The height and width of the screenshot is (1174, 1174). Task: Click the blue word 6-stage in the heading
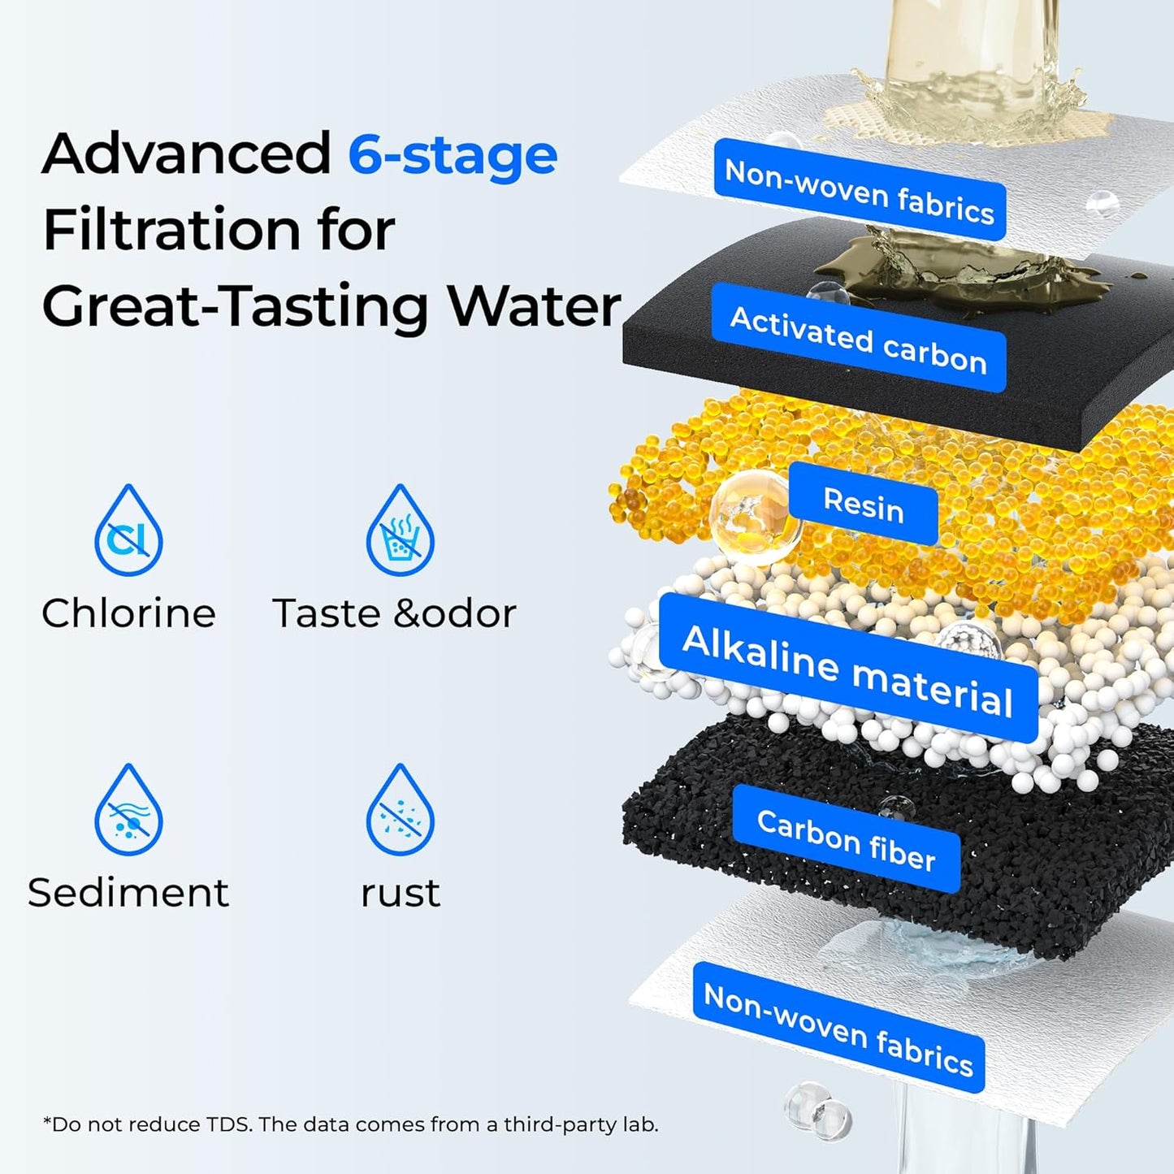click(x=453, y=154)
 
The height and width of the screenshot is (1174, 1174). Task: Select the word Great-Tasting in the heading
click(x=235, y=308)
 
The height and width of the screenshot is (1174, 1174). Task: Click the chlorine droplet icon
click(x=128, y=532)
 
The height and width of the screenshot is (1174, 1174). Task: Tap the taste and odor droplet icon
click(x=400, y=532)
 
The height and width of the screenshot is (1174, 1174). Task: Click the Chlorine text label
click(x=128, y=613)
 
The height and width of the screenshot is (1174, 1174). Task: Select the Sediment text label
click(x=128, y=893)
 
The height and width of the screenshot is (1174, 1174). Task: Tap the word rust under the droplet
click(x=400, y=894)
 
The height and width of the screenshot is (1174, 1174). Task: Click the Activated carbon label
click(x=859, y=339)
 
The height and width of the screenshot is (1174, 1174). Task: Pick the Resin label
click(x=863, y=505)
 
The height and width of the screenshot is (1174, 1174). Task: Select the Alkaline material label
click(x=847, y=669)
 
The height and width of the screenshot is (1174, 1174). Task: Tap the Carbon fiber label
click(x=846, y=839)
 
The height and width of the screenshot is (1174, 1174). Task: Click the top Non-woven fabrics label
click(x=860, y=191)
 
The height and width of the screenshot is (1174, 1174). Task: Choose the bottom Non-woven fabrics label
click(x=838, y=1028)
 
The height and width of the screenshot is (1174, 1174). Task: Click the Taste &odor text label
click(x=394, y=613)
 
